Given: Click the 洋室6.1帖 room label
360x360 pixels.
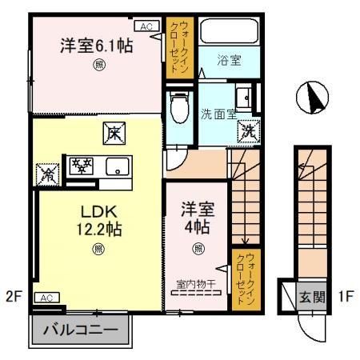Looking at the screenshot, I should point(96,46).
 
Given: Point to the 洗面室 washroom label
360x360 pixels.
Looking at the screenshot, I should point(218,114).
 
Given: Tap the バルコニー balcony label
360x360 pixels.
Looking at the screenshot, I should point(80,329).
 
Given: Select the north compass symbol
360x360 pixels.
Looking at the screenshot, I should point(312,98).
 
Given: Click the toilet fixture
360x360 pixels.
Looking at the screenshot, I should point(181,105).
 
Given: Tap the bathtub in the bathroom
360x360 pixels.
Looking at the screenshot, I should point(229,31).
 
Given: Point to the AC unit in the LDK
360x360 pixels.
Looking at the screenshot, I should point(46,298).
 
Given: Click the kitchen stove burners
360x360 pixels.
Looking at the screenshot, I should point(81,166).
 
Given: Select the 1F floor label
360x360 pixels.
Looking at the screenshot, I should point(345,298).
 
